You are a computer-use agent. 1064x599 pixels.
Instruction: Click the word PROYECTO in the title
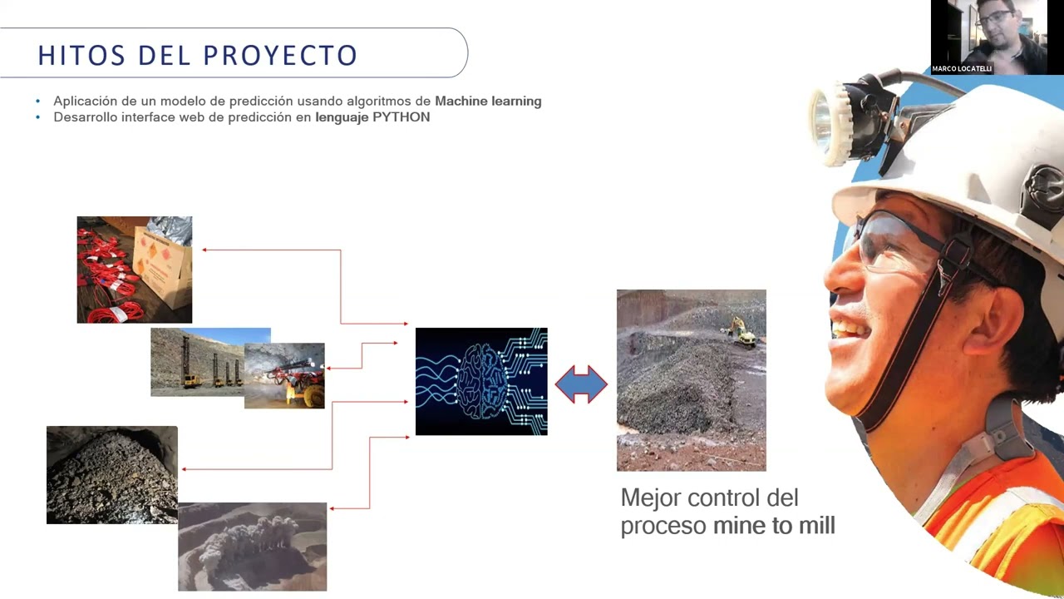(280, 55)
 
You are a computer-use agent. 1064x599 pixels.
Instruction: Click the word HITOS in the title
(81, 55)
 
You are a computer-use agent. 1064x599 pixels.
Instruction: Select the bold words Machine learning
(488, 101)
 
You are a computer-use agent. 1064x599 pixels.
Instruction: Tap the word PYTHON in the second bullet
(401, 117)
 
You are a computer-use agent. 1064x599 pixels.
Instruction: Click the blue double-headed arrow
(581, 384)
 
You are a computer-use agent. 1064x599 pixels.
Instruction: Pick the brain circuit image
(481, 381)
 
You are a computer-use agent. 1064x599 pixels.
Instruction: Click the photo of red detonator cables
(135, 270)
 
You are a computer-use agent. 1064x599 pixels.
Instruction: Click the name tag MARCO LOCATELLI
(962, 69)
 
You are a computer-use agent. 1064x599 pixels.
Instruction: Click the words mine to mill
(774, 526)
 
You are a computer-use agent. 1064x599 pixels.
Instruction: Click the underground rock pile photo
(112, 475)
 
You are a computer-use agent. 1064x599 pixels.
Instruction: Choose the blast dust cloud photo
(252, 547)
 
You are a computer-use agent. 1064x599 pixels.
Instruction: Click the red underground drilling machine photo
(284, 375)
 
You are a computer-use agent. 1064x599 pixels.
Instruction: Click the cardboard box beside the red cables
(164, 266)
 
